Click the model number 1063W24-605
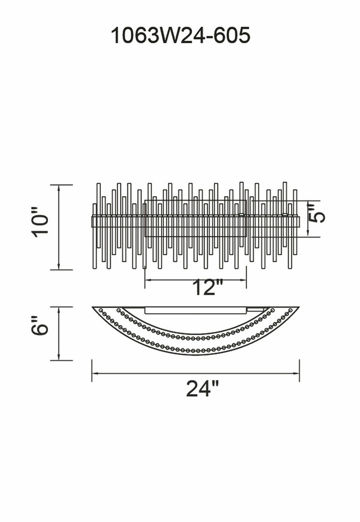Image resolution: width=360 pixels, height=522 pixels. point(180,35)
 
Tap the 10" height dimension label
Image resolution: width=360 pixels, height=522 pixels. point(41,222)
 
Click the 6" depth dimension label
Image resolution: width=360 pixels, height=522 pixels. point(41,326)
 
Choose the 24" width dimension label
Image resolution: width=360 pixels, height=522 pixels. point(202,388)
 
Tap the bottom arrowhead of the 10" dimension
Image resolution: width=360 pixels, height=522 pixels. point(59,266)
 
